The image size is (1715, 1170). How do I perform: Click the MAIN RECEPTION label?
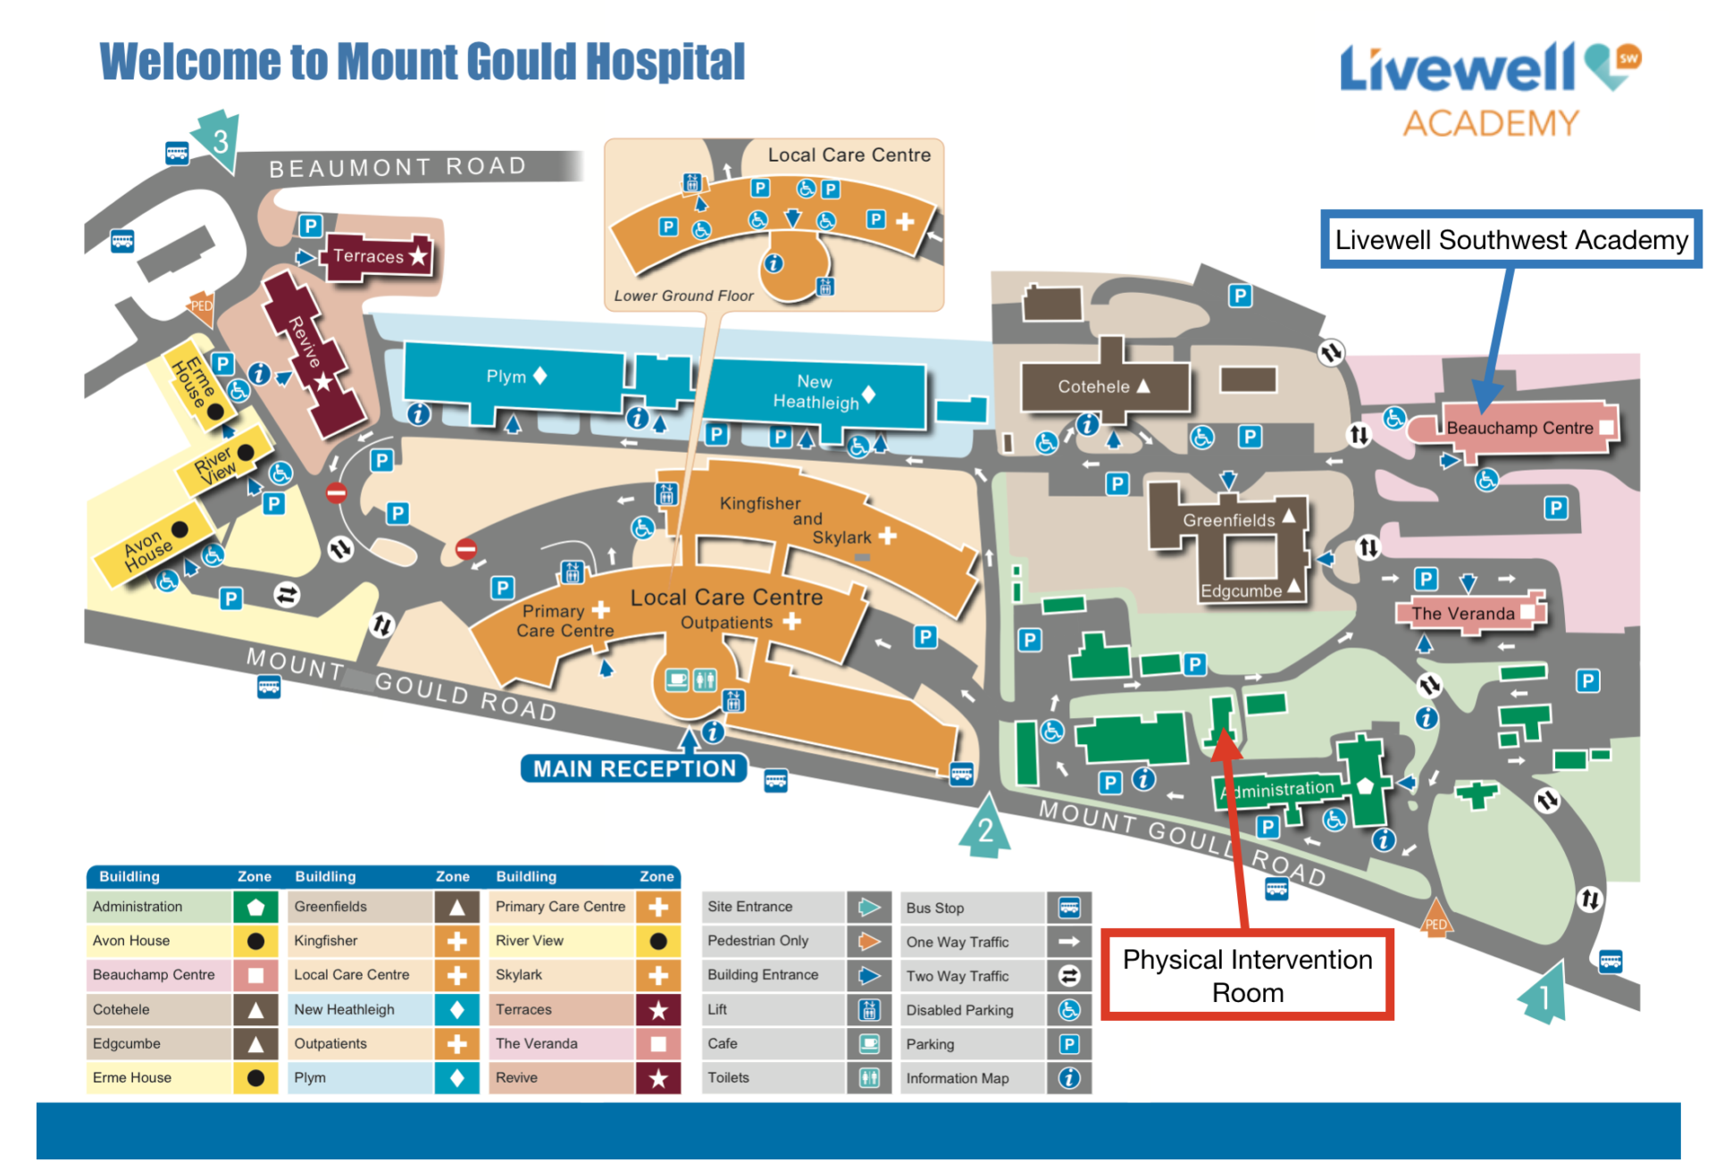(634, 769)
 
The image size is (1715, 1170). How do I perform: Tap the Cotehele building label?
(1093, 387)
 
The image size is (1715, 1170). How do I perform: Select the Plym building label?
(506, 376)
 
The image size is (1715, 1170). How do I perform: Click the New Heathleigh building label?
(816, 392)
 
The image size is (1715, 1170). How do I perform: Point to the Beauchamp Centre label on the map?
(1519, 428)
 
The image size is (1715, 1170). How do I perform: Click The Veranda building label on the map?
(1462, 614)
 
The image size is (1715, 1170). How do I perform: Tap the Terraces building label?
(368, 256)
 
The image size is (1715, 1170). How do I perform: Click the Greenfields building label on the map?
(1228, 520)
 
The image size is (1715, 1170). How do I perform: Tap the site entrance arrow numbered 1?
(1544, 993)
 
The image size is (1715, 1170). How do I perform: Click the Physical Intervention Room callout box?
(1247, 975)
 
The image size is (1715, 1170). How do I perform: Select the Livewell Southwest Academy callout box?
(1510, 239)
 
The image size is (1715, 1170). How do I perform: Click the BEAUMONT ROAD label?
(397, 167)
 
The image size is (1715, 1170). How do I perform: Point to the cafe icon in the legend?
(869, 1043)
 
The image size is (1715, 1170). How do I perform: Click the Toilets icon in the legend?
(869, 1078)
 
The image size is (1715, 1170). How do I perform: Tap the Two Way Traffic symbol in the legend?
(1069, 976)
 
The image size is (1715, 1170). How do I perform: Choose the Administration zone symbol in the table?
(255, 907)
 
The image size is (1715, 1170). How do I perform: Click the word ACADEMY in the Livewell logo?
(1490, 123)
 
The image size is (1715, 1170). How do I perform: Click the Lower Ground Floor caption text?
(683, 296)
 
